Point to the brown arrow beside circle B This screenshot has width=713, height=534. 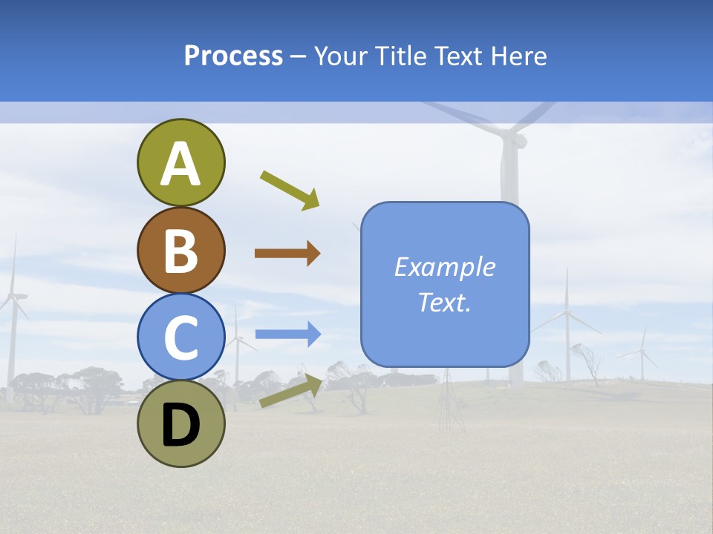pyautogui.click(x=287, y=254)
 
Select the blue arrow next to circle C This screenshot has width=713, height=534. pyautogui.click(x=287, y=334)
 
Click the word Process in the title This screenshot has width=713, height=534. pyautogui.click(x=233, y=56)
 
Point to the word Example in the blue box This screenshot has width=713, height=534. pyautogui.click(x=444, y=267)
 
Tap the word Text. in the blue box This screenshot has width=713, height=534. pyautogui.click(x=444, y=303)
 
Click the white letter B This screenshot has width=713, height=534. pyautogui.click(x=181, y=251)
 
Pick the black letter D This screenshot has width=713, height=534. pyautogui.click(x=181, y=426)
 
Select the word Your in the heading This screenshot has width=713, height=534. pyautogui.click(x=343, y=56)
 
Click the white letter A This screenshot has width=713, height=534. pyautogui.click(x=181, y=164)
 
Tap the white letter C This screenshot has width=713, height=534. pyautogui.click(x=181, y=337)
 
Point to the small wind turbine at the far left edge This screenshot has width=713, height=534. pyautogui.click(x=13, y=311)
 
